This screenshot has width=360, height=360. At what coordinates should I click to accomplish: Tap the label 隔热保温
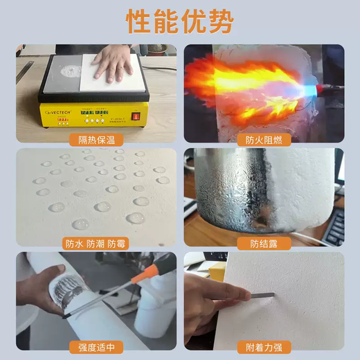(x=96, y=139)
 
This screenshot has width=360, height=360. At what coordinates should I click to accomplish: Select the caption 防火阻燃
(x=263, y=139)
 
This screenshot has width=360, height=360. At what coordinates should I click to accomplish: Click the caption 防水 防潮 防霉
(x=96, y=244)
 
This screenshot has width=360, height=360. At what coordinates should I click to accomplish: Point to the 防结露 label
(x=263, y=244)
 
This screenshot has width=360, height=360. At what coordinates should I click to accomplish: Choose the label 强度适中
(x=96, y=347)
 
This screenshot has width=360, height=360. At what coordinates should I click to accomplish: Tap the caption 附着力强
(x=263, y=347)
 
